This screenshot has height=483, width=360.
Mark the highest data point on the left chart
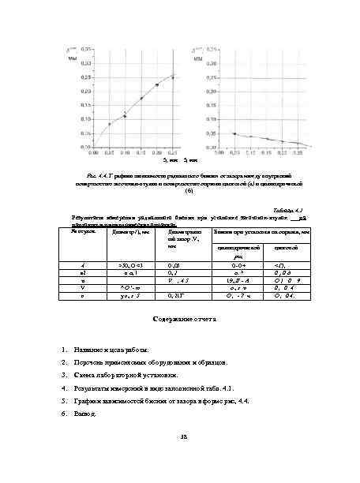(x=173, y=77)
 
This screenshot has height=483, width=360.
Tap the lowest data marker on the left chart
(x=110, y=124)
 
